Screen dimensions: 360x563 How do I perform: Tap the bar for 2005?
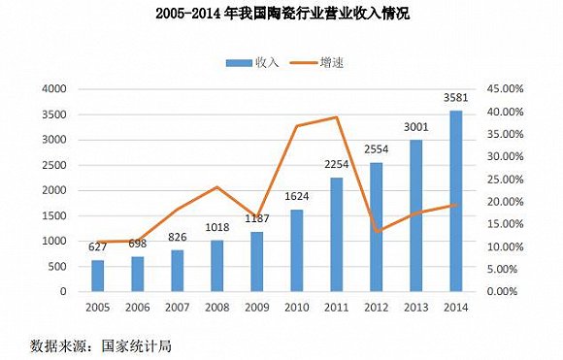97,276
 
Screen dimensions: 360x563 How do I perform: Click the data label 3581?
456,98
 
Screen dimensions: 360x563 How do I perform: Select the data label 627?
97,247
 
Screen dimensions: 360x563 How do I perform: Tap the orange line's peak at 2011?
337,117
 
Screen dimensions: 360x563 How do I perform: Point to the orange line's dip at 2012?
377,231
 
